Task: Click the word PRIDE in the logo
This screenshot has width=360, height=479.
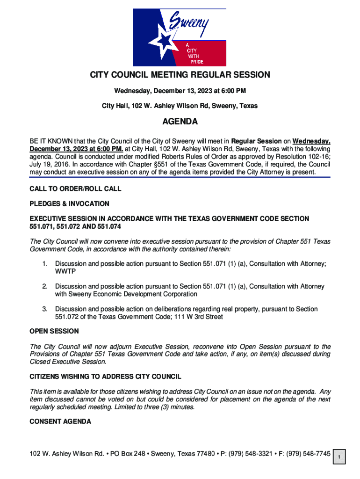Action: tap(196, 62)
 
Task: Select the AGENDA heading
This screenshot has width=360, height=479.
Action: tap(180, 122)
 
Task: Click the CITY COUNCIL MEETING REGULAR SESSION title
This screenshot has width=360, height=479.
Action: tap(180, 75)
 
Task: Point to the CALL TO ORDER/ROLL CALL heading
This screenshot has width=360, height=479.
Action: tap(75, 189)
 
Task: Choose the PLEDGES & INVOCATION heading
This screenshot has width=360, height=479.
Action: tap(69, 203)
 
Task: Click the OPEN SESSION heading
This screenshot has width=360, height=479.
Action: tap(54, 331)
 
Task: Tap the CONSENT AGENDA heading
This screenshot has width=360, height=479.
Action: tap(60, 421)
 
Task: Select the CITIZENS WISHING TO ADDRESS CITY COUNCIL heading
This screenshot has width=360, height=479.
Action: tap(105, 377)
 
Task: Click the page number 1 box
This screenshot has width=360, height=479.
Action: tap(341, 457)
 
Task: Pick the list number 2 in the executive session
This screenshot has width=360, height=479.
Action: tap(45, 286)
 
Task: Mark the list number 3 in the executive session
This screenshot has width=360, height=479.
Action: tap(45, 309)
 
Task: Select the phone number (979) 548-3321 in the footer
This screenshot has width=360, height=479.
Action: tap(252, 454)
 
